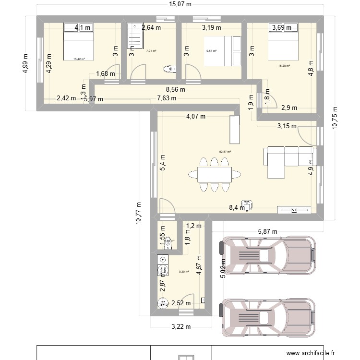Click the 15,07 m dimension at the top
tap(180, 5)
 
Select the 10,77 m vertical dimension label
tap(139, 213)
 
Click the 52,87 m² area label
tap(225, 152)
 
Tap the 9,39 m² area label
tap(184, 272)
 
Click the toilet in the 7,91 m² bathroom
tap(168, 69)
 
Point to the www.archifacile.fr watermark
tap(312, 354)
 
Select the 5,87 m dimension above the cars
tap(267, 232)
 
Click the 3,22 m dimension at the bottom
tap(180, 327)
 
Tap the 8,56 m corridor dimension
tap(176, 89)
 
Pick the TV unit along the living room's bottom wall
tap(294, 209)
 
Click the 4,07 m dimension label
tap(196, 116)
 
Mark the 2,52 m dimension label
tap(181, 303)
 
